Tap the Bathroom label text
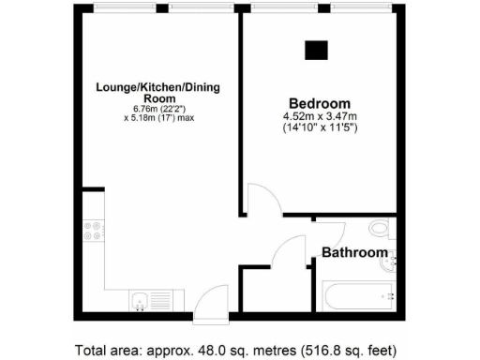(354, 253)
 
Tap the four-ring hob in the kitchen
(94, 230)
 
